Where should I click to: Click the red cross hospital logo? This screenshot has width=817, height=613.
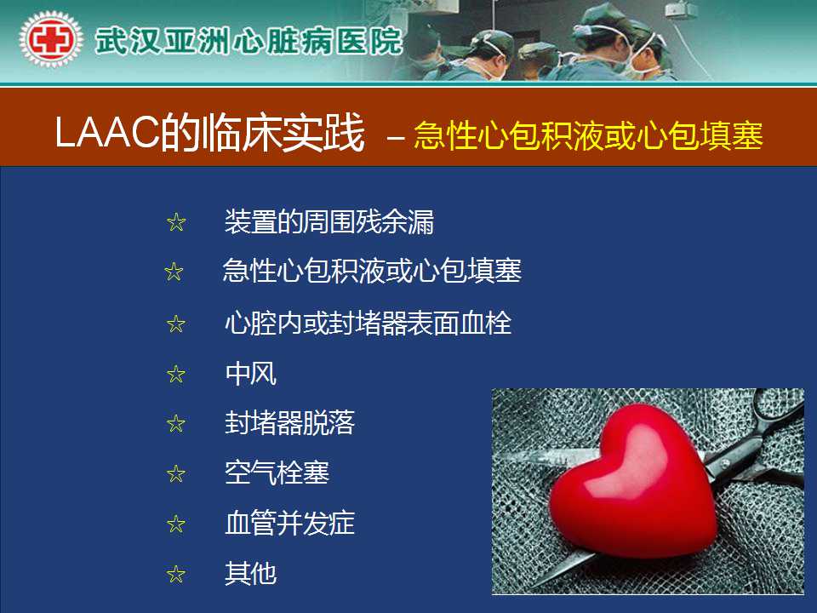click(x=50, y=40)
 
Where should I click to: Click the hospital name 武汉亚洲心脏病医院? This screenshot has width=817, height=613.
click(x=249, y=41)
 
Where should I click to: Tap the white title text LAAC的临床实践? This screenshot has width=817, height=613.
click(x=209, y=133)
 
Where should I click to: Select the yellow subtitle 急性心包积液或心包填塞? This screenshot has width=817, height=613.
click(x=588, y=135)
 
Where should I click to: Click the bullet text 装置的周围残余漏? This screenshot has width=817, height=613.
click(x=329, y=222)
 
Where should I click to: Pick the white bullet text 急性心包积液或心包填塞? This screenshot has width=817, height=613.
click(x=372, y=271)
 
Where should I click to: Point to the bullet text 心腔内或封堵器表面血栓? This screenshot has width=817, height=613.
click(x=368, y=323)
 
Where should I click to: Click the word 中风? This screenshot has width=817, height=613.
click(x=250, y=373)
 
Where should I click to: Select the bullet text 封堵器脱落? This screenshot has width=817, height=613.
click(x=289, y=423)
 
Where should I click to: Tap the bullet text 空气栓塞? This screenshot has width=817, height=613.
click(x=277, y=473)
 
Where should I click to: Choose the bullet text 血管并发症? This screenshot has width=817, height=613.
click(x=289, y=523)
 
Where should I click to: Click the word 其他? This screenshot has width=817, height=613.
click(x=250, y=573)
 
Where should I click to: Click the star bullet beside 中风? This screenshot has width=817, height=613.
click(x=176, y=375)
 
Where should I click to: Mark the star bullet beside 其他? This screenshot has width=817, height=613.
click(x=176, y=575)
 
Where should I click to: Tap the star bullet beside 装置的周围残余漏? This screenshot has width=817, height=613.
click(x=176, y=222)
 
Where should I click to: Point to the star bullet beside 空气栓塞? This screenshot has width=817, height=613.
click(x=176, y=474)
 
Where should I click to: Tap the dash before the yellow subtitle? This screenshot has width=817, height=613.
click(x=396, y=138)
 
